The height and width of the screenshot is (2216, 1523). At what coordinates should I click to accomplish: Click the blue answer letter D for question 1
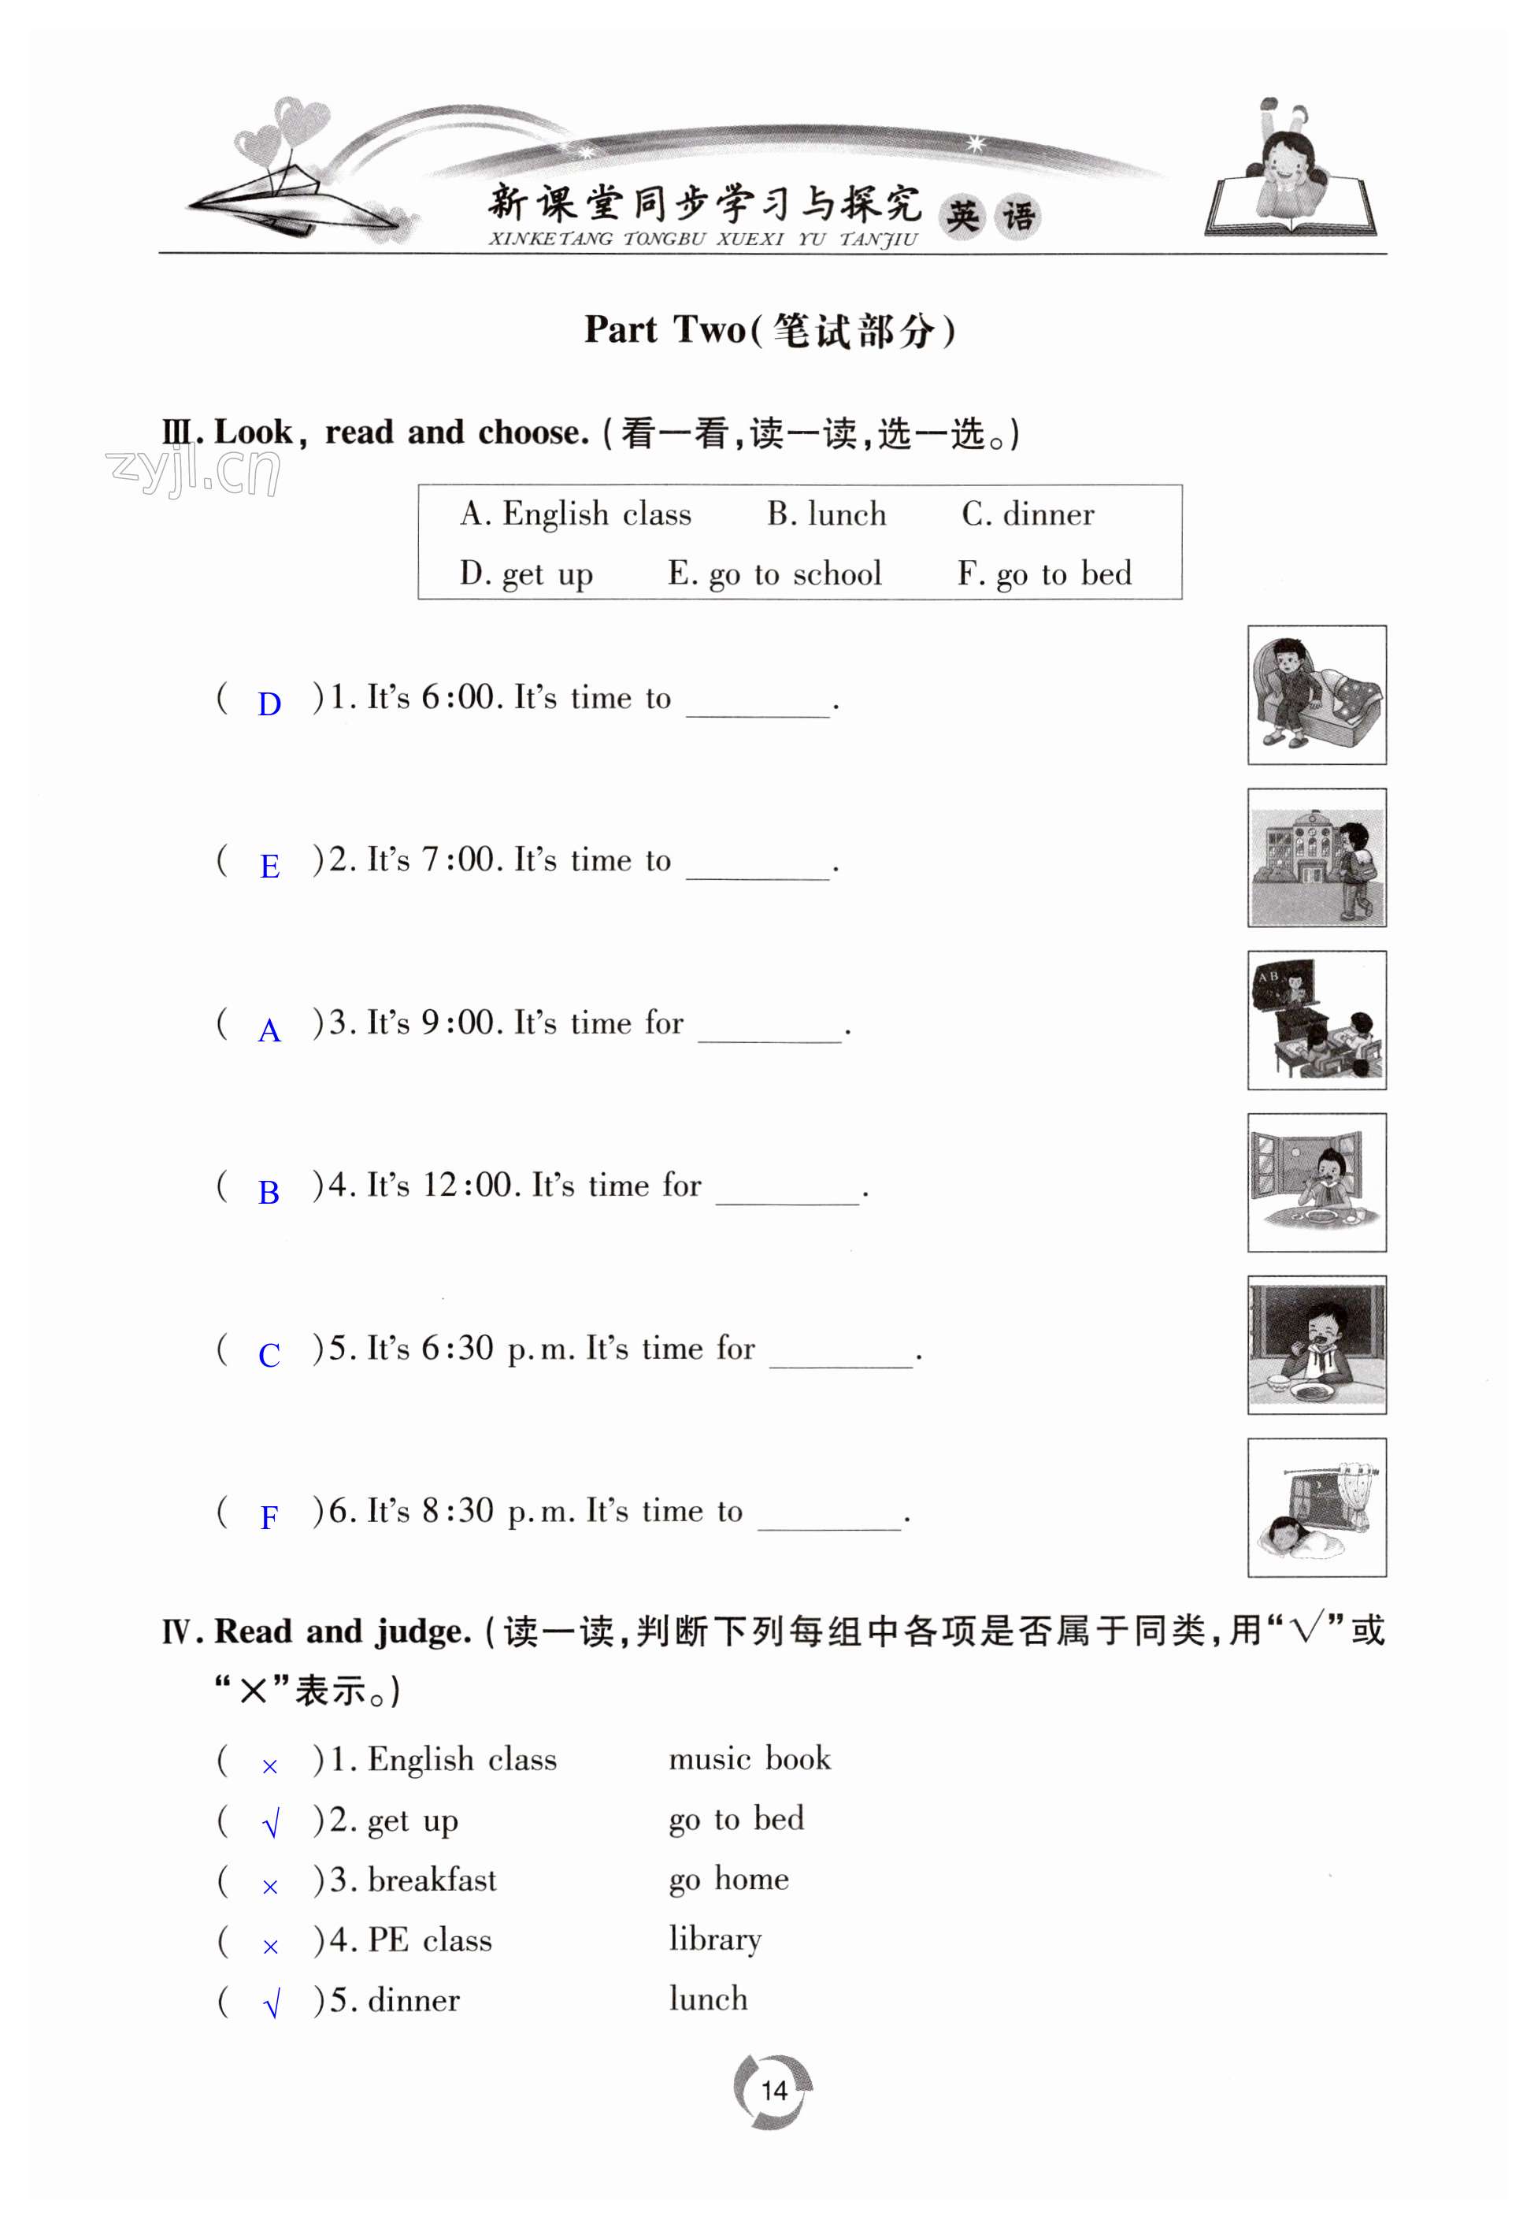pyautogui.click(x=269, y=704)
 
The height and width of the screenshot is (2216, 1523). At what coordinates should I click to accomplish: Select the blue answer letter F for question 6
pyautogui.click(x=269, y=1517)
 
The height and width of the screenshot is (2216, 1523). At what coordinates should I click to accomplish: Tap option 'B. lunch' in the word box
pyautogui.click(x=826, y=514)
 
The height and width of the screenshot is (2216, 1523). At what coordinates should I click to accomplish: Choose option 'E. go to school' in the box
pyautogui.click(x=774, y=573)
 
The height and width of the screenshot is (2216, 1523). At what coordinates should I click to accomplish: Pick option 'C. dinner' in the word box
pyautogui.click(x=1028, y=514)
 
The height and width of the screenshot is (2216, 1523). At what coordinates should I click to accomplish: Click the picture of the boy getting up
pyautogui.click(x=1316, y=695)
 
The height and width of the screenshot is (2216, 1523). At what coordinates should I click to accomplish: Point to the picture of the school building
pyautogui.click(x=1316, y=857)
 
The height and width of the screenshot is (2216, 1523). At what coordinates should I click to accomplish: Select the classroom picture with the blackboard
pyautogui.click(x=1316, y=1019)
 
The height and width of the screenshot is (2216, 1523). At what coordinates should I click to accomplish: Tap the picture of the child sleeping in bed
pyautogui.click(x=1316, y=1507)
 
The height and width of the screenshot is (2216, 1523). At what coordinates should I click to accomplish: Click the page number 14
pyautogui.click(x=774, y=2091)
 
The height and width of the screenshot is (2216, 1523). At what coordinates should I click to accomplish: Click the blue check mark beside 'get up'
pyautogui.click(x=271, y=1824)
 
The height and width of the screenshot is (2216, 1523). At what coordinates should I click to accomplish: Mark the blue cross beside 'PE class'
pyautogui.click(x=270, y=1947)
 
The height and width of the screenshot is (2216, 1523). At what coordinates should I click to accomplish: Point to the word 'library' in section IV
pyautogui.click(x=715, y=1939)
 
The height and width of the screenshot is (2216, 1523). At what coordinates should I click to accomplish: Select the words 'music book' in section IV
pyautogui.click(x=749, y=1759)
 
